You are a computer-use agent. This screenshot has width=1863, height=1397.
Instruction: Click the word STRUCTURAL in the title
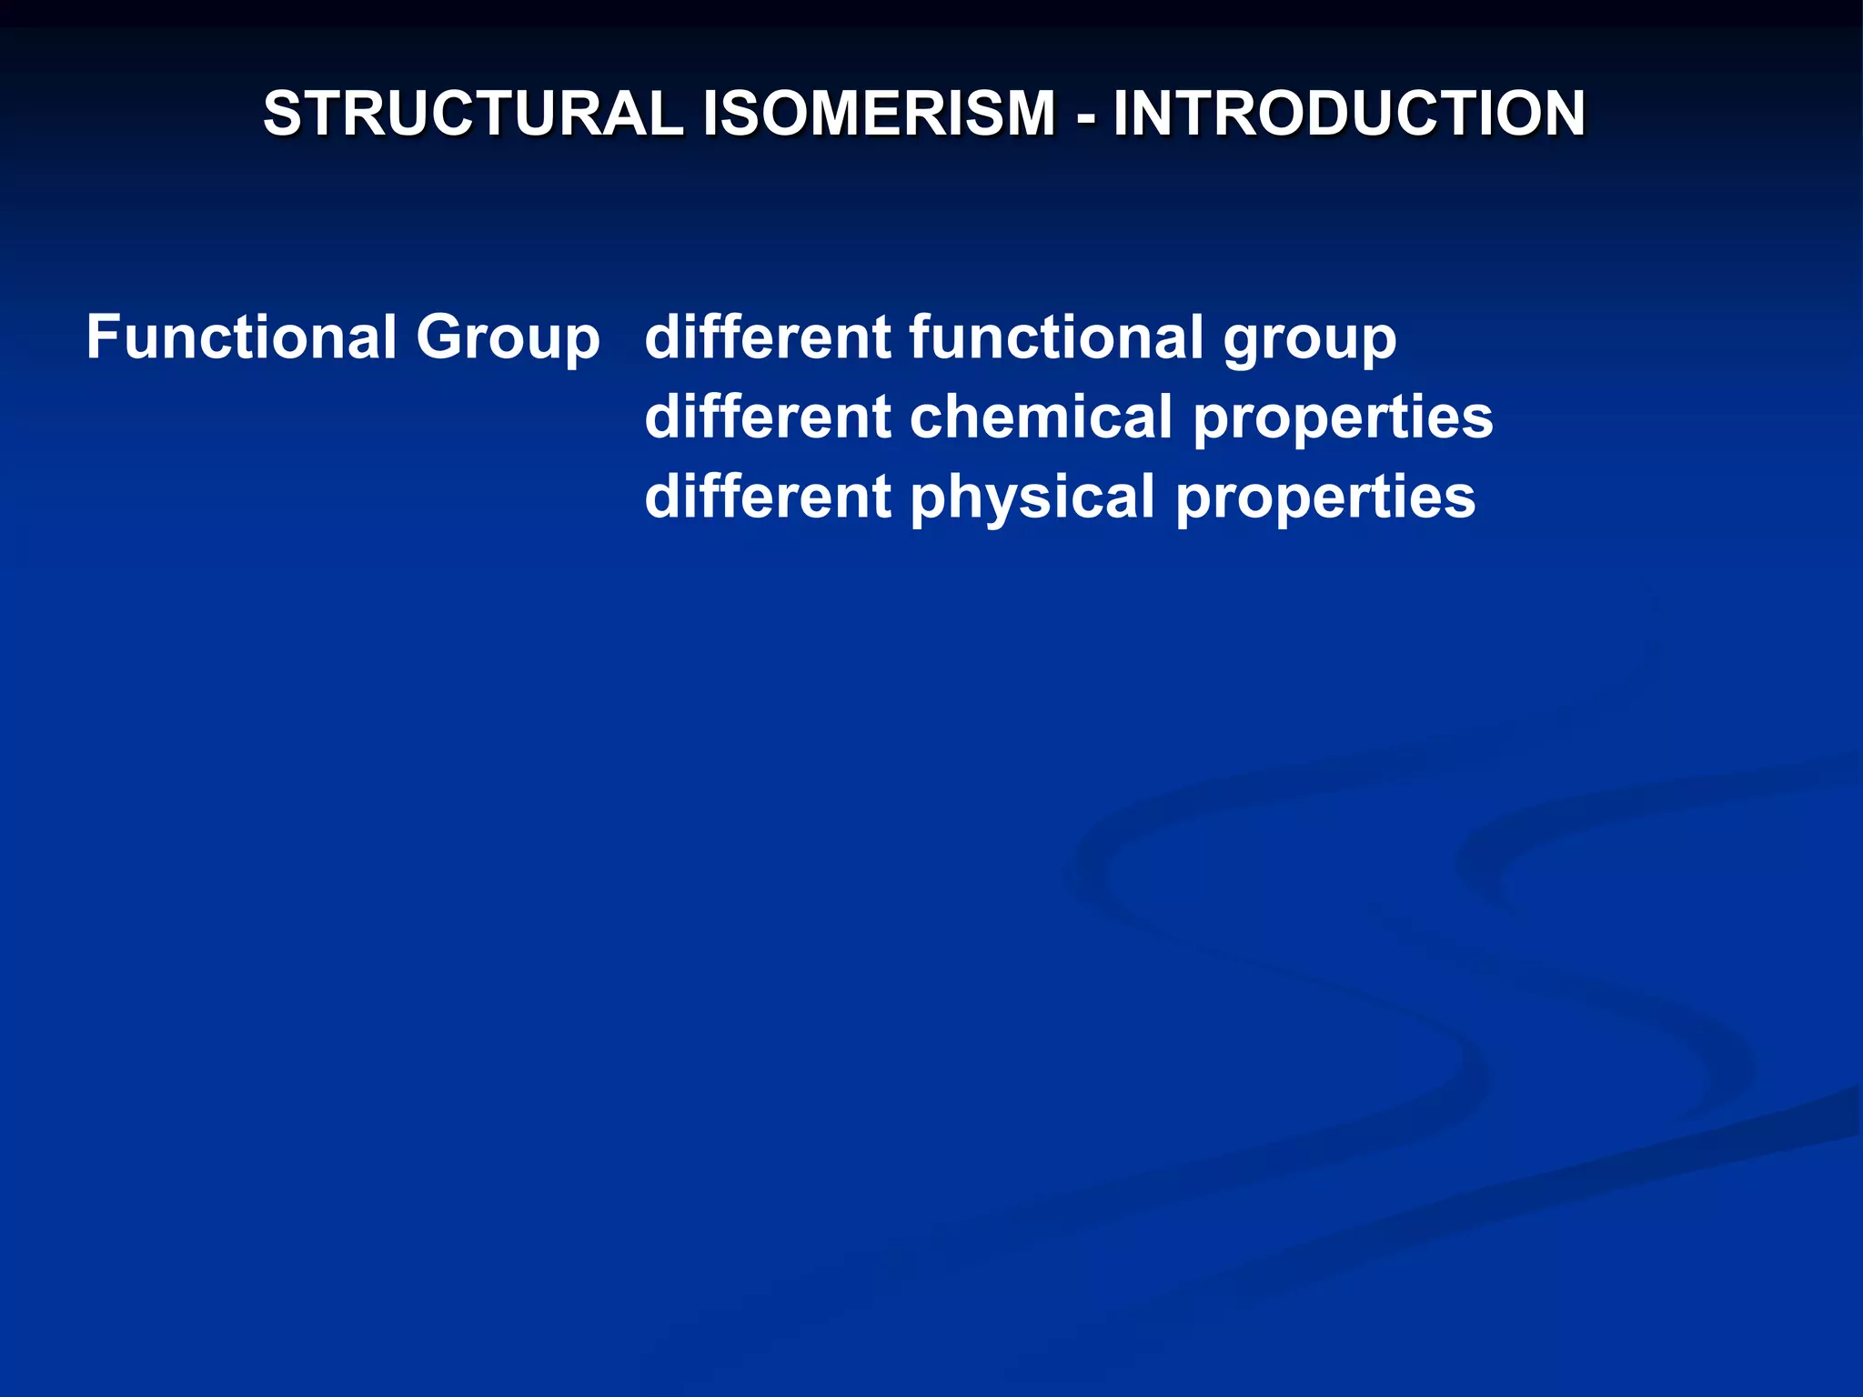click(x=472, y=114)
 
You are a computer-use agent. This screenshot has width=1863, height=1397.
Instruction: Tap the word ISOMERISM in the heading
click(x=879, y=114)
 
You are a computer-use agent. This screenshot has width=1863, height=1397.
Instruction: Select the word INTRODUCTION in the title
click(x=1349, y=114)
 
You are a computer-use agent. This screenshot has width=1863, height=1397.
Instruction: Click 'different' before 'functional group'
click(x=767, y=337)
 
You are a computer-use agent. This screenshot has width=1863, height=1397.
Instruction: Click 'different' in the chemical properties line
click(x=767, y=417)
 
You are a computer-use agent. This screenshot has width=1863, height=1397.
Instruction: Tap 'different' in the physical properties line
click(x=767, y=497)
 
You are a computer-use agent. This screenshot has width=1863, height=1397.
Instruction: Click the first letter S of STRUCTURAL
click(x=283, y=114)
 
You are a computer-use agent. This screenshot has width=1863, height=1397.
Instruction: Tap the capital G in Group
click(x=441, y=337)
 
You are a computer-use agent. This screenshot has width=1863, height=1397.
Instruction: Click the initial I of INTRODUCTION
click(x=1121, y=114)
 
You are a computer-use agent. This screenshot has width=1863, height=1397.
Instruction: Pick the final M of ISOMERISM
click(x=1027, y=114)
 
